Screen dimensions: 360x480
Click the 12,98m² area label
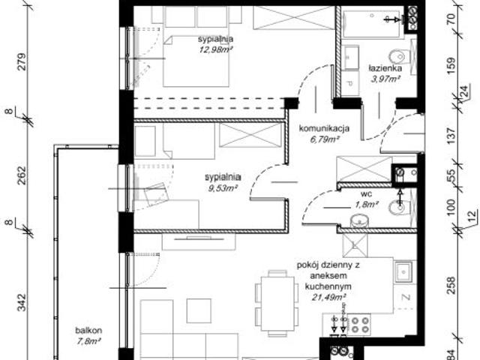coord(215,50)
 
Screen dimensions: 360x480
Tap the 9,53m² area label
coord(221,190)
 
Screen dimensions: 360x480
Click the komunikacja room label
coord(320,128)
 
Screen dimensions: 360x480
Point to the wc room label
coord(366,193)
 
